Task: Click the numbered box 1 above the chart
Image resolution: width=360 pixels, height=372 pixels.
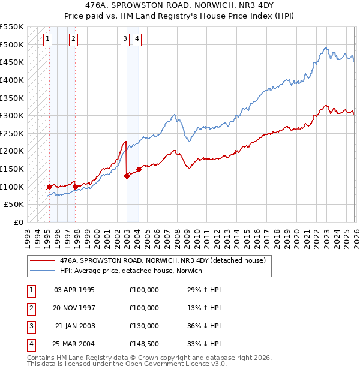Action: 47,40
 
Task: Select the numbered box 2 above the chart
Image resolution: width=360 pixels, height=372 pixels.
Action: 73,40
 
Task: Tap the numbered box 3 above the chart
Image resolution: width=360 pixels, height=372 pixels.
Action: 124,40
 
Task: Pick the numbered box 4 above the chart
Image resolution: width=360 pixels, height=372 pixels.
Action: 137,40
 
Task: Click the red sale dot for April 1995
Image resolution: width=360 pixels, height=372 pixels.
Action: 49,187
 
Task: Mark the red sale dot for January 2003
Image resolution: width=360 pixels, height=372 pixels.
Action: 127,176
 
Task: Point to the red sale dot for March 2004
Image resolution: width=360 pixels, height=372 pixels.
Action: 139,169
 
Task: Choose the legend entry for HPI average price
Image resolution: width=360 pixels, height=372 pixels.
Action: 131,271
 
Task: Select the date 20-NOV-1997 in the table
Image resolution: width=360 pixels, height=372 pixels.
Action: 74,308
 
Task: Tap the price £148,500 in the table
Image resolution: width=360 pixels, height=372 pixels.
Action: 143,344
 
